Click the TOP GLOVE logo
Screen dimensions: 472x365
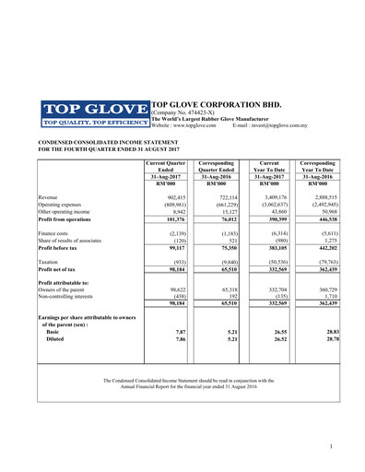click(x=94, y=112)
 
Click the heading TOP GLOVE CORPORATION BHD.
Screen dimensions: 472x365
click(x=216, y=106)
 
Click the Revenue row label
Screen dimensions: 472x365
click(x=50, y=198)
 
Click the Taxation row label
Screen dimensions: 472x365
click(x=52, y=262)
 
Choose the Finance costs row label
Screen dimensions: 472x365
click(x=56, y=234)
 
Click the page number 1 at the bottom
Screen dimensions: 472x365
click(x=330, y=446)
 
